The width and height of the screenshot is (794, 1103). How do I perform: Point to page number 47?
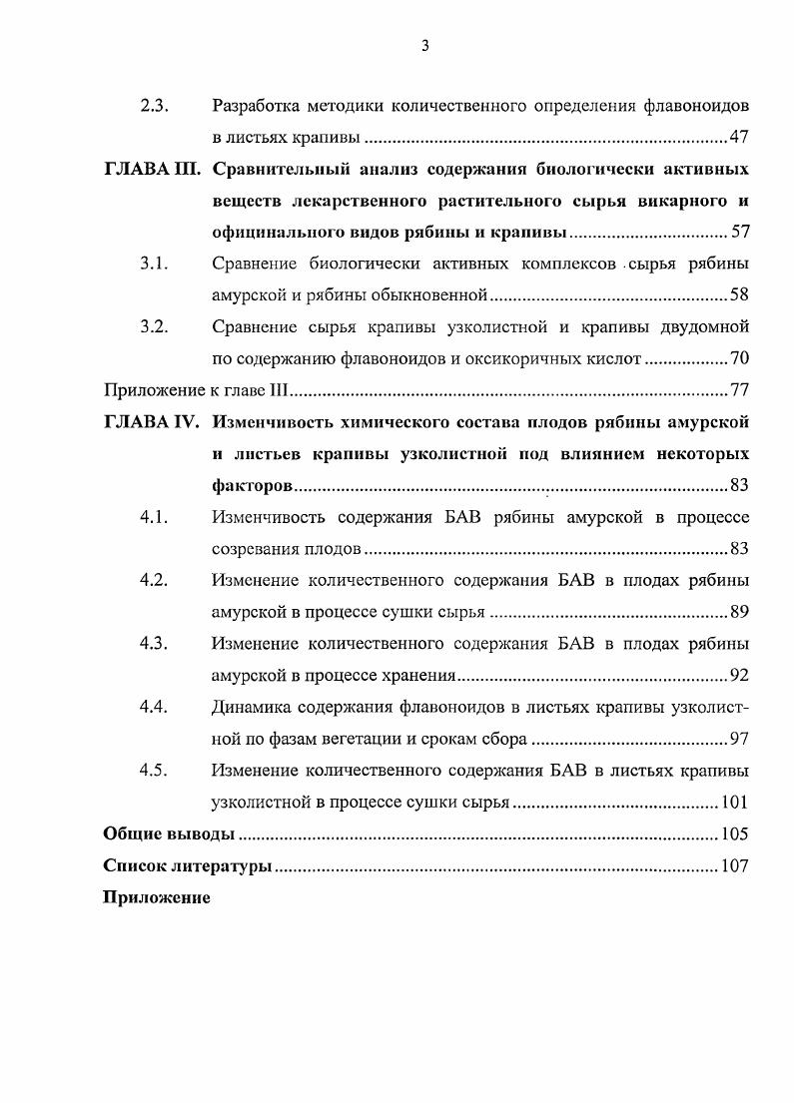click(739, 138)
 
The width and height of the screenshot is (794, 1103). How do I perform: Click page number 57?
click(739, 233)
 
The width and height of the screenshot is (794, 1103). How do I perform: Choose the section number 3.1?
click(153, 265)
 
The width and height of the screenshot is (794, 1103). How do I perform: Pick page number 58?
click(739, 296)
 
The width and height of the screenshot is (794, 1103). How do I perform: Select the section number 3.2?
click(153, 327)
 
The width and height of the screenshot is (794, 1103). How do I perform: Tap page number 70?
click(739, 359)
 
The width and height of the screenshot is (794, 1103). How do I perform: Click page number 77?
click(739, 390)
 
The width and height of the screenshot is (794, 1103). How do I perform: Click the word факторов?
click(253, 486)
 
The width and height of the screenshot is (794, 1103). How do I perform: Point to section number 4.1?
click(153, 517)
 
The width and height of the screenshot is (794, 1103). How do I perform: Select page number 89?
click(739, 612)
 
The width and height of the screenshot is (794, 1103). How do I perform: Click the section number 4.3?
click(153, 644)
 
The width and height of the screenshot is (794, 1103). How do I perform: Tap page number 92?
click(739, 676)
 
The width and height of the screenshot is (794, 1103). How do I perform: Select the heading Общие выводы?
click(169, 834)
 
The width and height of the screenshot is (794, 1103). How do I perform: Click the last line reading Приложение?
click(157, 897)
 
